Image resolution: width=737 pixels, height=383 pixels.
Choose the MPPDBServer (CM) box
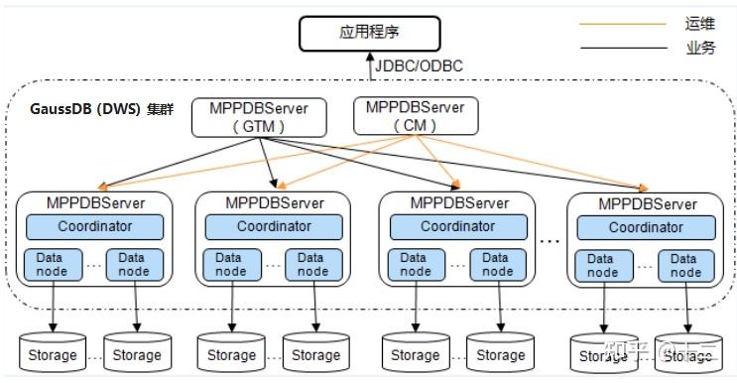pyautogui.click(x=416, y=115)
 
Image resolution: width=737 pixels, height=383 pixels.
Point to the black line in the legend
pyautogui.click(x=624, y=48)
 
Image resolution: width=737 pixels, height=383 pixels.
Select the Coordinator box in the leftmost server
pyautogui.click(x=94, y=226)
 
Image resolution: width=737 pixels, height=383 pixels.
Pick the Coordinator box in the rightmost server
pyautogui.click(x=646, y=227)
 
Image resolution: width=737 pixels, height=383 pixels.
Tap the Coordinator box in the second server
pyautogui.click(x=274, y=226)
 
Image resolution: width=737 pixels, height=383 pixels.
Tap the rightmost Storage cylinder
pyautogui.click(x=687, y=354)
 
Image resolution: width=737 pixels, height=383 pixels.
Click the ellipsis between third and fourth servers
pyautogui.click(x=550, y=239)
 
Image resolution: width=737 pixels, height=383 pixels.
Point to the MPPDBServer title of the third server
pyautogui.click(x=457, y=202)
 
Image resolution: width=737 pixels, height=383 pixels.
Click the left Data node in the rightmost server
pyautogui.click(x=602, y=266)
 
